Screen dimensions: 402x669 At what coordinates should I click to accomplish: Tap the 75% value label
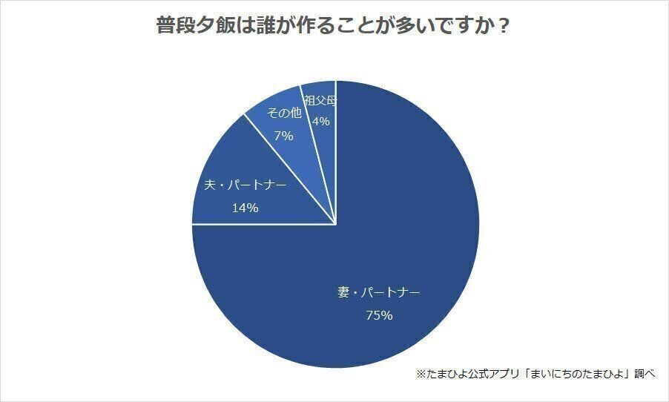click(378, 315)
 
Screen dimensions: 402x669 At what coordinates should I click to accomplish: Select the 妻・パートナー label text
click(378, 292)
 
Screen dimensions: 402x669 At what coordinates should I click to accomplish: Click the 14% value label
click(245, 208)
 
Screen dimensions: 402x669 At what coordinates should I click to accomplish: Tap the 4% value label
click(320, 120)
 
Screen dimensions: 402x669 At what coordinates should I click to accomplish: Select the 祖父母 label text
click(320, 100)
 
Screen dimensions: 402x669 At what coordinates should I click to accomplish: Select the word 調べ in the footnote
click(645, 373)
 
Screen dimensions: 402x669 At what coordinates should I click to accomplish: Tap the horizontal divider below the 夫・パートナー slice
click(263, 224)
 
